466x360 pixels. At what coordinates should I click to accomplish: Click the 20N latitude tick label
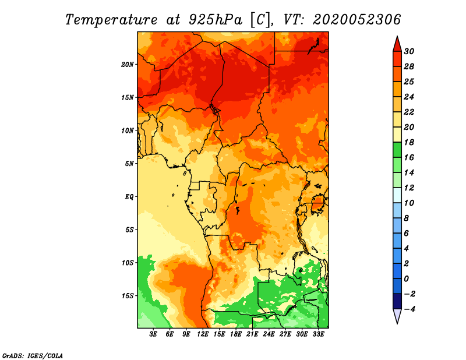click(x=128, y=65)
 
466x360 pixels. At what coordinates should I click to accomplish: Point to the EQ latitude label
click(x=129, y=197)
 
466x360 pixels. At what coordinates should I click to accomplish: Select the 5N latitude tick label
click(x=129, y=164)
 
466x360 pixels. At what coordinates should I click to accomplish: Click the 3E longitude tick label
click(x=153, y=334)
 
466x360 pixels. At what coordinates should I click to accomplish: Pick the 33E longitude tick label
click(x=318, y=334)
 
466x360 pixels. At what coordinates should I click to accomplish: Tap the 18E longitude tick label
click(x=236, y=334)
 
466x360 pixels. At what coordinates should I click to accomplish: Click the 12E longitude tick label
click(x=203, y=334)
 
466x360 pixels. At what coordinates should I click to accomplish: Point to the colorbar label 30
click(x=409, y=51)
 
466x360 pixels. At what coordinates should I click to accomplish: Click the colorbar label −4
click(x=409, y=309)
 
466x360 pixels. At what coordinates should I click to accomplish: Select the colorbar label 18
click(x=409, y=142)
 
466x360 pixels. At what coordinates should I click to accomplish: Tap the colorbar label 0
click(x=407, y=279)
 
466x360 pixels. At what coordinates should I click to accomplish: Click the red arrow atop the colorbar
click(x=397, y=45)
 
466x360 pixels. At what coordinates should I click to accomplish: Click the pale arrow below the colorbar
click(x=397, y=316)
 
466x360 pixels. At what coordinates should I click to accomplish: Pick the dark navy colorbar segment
click(x=397, y=301)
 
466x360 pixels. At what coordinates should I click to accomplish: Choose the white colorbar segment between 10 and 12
click(x=397, y=195)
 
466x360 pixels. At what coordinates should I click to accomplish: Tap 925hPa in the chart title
click(x=216, y=20)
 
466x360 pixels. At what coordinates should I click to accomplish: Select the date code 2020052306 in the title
click(x=356, y=20)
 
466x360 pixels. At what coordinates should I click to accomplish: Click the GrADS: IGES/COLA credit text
click(x=33, y=355)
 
